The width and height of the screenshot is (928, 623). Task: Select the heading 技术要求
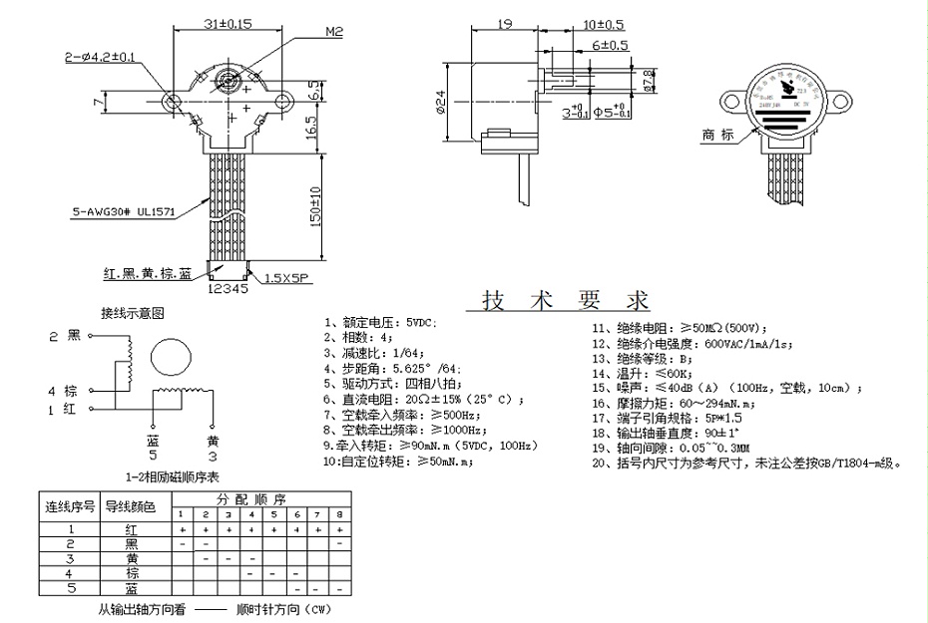click(x=565, y=300)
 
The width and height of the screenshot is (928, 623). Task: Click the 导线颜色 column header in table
click(x=131, y=506)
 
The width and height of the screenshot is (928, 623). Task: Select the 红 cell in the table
click(x=131, y=529)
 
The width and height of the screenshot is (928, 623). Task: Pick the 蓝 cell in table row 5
click(x=131, y=588)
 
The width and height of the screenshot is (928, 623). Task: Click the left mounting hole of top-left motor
click(x=173, y=101)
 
